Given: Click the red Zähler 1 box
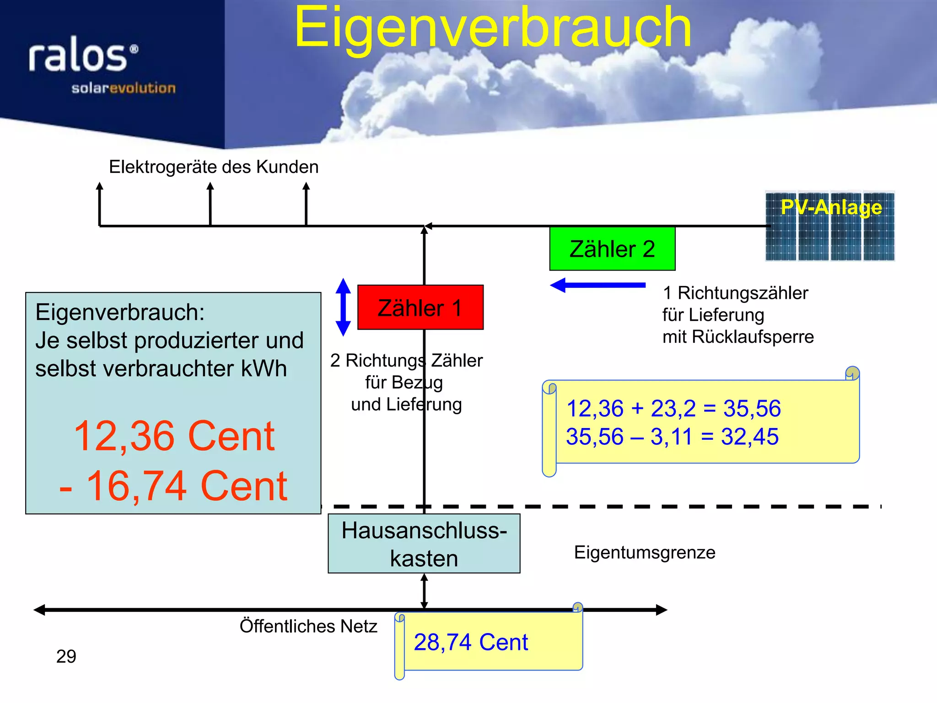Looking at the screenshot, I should click(420, 307).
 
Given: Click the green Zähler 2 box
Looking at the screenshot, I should click(612, 249).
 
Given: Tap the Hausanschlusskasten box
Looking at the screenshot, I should click(424, 544).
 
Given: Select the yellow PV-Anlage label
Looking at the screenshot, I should click(831, 207).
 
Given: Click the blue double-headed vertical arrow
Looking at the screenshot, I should click(343, 307).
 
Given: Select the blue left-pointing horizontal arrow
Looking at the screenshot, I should click(597, 285).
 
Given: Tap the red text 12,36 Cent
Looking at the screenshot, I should click(174, 436).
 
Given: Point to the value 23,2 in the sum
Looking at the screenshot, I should click(673, 408).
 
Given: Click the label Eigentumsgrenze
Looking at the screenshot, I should click(644, 552).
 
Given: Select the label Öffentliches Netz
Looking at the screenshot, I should click(308, 626).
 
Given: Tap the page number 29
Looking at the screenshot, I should click(66, 656).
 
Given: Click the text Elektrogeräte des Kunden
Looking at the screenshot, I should click(214, 167).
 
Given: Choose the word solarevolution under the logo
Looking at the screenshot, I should click(123, 88).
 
